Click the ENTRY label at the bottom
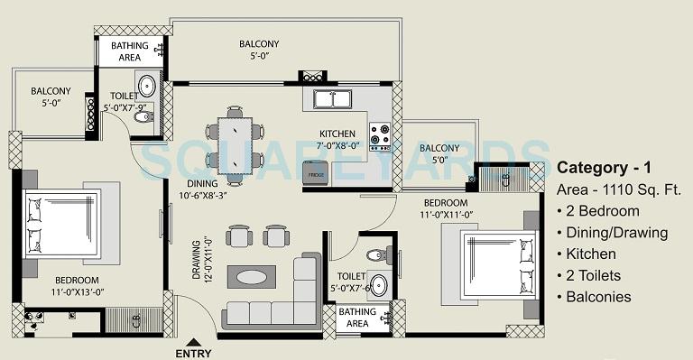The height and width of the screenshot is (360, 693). (194, 353)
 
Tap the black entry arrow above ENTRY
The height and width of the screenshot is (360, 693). (194, 340)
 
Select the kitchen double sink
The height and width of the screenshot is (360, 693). (332, 97)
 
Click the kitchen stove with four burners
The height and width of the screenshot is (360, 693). (379, 135)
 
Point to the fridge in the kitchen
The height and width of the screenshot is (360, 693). (316, 172)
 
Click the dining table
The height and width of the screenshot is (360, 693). (235, 144)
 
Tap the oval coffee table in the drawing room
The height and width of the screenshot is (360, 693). (252, 277)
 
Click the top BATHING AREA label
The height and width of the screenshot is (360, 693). (130, 51)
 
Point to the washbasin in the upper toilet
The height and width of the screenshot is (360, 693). (150, 87)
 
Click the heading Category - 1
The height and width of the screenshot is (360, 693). (602, 168)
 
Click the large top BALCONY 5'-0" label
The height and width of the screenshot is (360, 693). (259, 50)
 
